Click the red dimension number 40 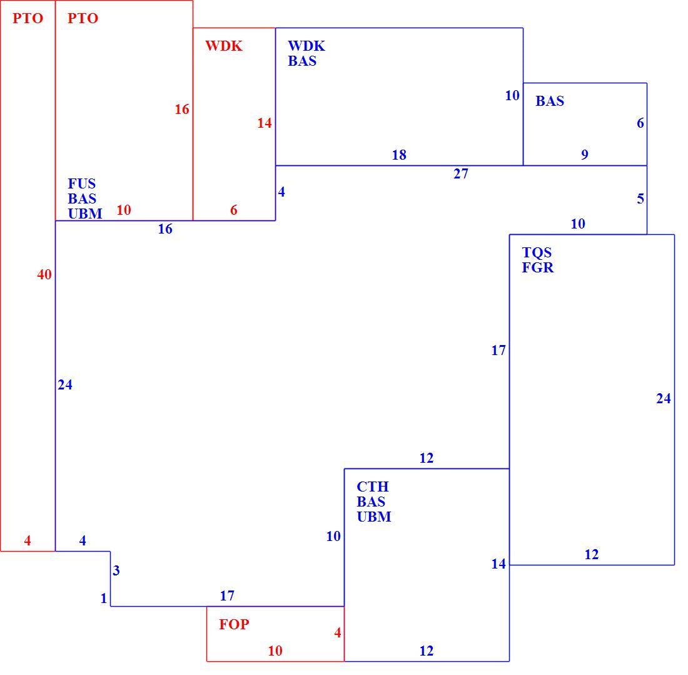tap(44, 274)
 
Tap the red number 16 tap(181, 110)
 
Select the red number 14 tap(264, 123)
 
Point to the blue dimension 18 tap(399, 155)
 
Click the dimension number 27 tap(461, 174)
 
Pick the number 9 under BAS tap(584, 155)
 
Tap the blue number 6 tap(640, 123)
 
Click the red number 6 tap(234, 210)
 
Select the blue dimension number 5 tap(640, 198)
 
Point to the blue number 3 tap(116, 570)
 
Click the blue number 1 tap(104, 598)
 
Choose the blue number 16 tap(165, 229)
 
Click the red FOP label tap(235, 624)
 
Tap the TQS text tap(537, 252)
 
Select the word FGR tap(537, 267)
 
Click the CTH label tap(373, 487)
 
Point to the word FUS tap(81, 183)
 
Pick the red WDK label tap(224, 46)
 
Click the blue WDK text tap(306, 46)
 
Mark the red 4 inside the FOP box tap(337, 632)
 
